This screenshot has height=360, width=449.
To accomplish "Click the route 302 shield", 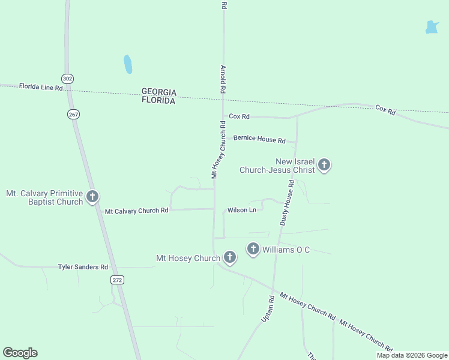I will coord(67,79).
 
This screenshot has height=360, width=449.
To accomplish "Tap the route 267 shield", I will coord(74,114).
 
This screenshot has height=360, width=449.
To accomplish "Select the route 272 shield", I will coord(117,280).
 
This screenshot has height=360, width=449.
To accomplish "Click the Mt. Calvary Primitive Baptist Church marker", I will coord(92,196).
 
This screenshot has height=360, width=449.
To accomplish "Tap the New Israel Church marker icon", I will coord(324,165).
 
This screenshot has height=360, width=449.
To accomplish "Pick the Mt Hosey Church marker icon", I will coord(229,258).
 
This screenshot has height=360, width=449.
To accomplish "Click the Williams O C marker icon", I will coord(253,248).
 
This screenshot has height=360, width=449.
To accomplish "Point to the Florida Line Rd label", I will coord(41,87).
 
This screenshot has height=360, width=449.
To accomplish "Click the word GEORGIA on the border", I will coord(159,92).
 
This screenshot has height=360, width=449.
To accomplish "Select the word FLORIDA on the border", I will coord(159,101).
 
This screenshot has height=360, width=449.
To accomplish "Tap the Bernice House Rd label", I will coord(259,139).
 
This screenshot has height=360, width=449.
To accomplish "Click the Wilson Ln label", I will coord(241,210).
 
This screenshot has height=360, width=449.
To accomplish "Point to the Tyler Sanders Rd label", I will coord(83,266).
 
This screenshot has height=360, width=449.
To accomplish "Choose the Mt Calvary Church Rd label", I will coord(136,211).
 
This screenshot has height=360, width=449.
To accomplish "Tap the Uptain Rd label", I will coord(268,309).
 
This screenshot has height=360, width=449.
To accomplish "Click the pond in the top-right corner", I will coord(432,27).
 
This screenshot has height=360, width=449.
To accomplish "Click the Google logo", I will coord(20,353).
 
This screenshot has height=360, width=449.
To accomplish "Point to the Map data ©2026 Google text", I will coord(411,355).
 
